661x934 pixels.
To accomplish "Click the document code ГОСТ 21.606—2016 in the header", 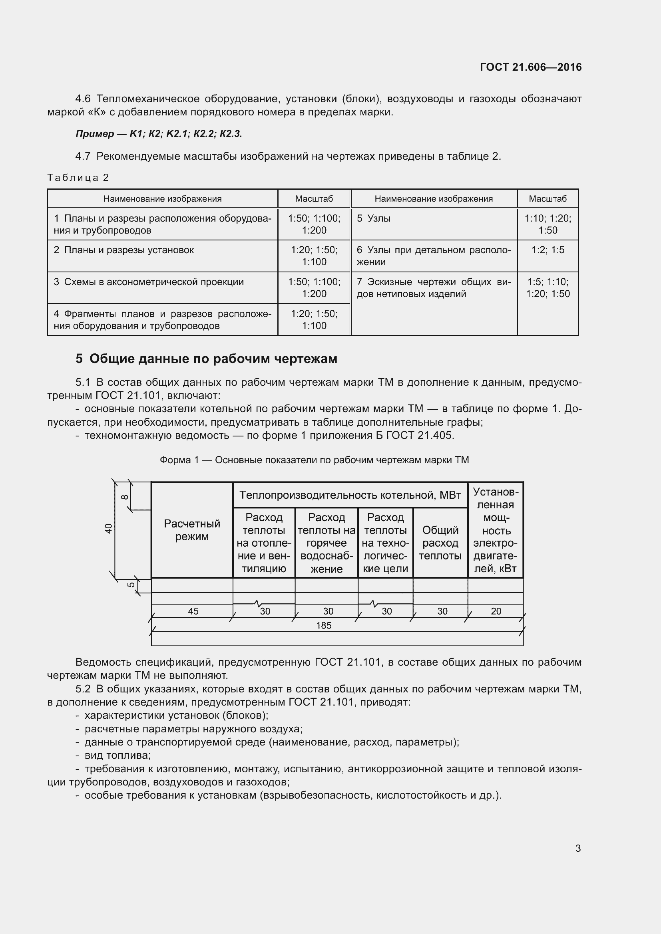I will [x=530, y=67].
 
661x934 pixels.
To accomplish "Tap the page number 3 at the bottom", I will [x=578, y=848].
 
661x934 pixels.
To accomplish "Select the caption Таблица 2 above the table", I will [x=78, y=177].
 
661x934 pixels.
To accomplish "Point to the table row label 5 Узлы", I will [x=374, y=218].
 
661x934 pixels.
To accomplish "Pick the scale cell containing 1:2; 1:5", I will [x=548, y=250].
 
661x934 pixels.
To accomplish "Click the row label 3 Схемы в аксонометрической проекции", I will [x=149, y=282].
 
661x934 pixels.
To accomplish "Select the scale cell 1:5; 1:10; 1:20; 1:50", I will [x=548, y=288].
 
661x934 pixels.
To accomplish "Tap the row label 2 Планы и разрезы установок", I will [x=124, y=250].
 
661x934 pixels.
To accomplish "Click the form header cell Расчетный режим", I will [x=192, y=529].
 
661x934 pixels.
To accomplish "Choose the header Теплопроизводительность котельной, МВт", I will [x=350, y=495].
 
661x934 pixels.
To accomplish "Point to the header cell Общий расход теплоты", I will [x=440, y=543].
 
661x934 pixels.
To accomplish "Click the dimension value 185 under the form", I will [x=324, y=625].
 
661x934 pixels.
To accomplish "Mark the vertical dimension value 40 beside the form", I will [x=108, y=528].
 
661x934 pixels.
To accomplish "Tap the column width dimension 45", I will [x=193, y=611].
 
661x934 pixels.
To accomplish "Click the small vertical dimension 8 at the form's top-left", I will [x=125, y=497].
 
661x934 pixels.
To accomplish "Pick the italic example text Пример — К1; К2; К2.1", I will [x=159, y=134].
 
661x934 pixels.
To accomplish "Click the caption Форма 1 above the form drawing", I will [x=314, y=460].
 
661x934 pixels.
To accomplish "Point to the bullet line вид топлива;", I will [x=117, y=756].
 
